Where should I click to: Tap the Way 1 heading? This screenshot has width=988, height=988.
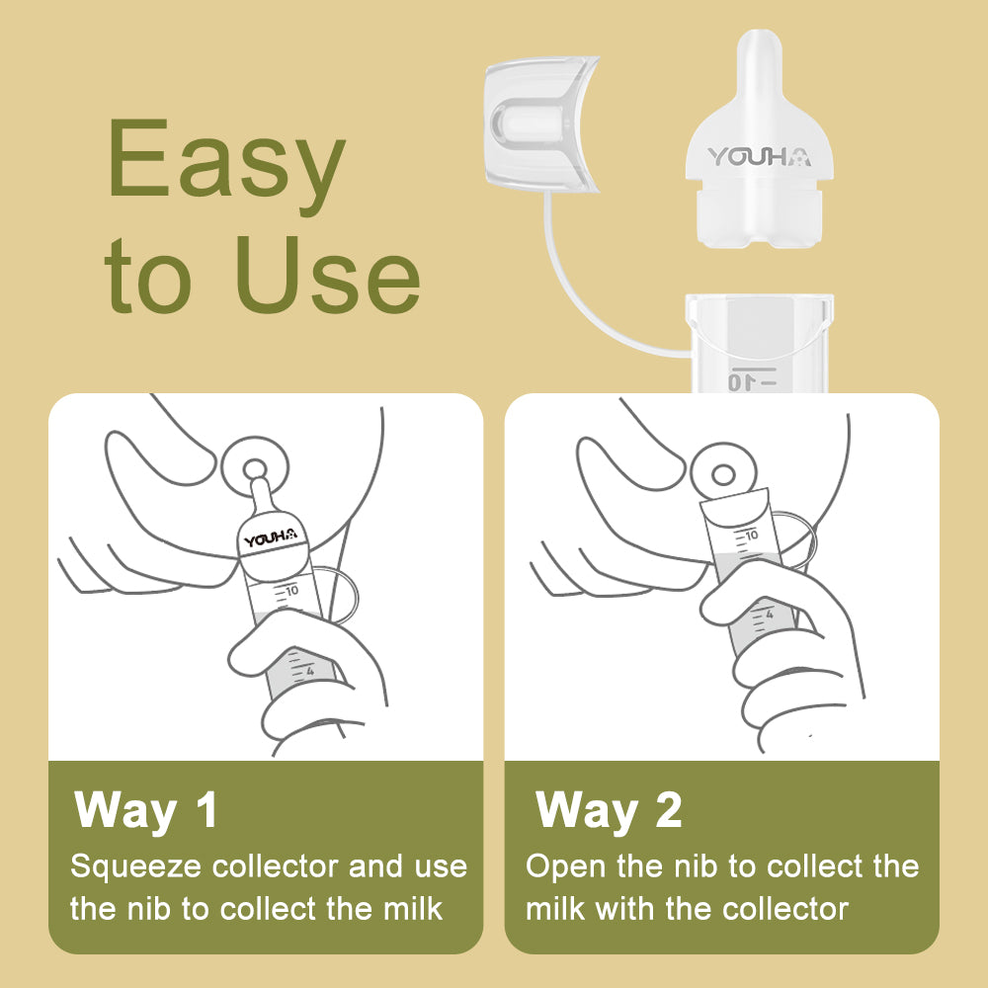[x=146, y=809]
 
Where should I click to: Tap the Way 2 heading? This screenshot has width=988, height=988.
[x=609, y=809]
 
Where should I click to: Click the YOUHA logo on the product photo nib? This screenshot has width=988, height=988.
[x=758, y=156]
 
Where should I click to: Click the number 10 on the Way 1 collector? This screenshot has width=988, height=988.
[x=290, y=591]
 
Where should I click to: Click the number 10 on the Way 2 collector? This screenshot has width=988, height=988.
[x=751, y=535]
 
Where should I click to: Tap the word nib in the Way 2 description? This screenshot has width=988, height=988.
[x=691, y=866]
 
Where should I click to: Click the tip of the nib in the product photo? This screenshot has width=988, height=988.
[x=758, y=44]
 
